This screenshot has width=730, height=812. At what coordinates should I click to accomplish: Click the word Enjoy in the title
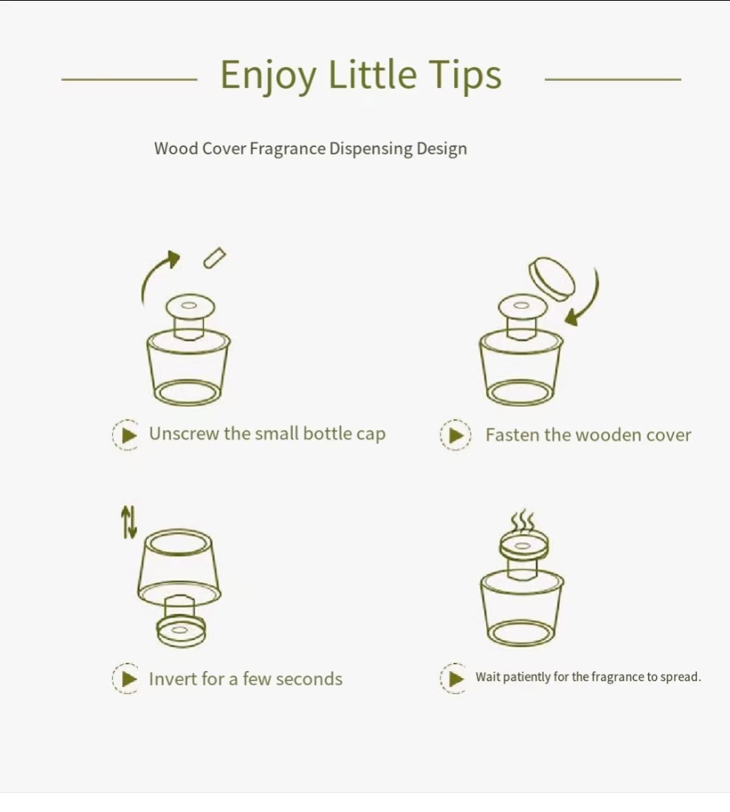pos(268,76)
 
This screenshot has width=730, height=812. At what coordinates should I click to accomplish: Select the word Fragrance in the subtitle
pos(288,149)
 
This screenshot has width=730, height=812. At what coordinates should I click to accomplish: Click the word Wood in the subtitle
pos(176,148)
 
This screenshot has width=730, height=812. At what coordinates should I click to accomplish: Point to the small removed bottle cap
pos(215,258)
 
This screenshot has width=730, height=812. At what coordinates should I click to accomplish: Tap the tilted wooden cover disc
pos(551,279)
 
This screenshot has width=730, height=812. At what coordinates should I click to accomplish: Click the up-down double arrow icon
pos(129,522)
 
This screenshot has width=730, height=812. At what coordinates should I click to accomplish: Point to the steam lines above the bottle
pos(523,521)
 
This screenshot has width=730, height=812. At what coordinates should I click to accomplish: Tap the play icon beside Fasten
pos(456,435)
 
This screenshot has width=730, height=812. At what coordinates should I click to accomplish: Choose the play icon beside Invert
pos(125,678)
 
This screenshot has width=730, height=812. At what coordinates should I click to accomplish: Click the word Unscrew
pos(185,434)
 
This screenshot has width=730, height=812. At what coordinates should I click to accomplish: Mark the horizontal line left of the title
pos(129,79)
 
